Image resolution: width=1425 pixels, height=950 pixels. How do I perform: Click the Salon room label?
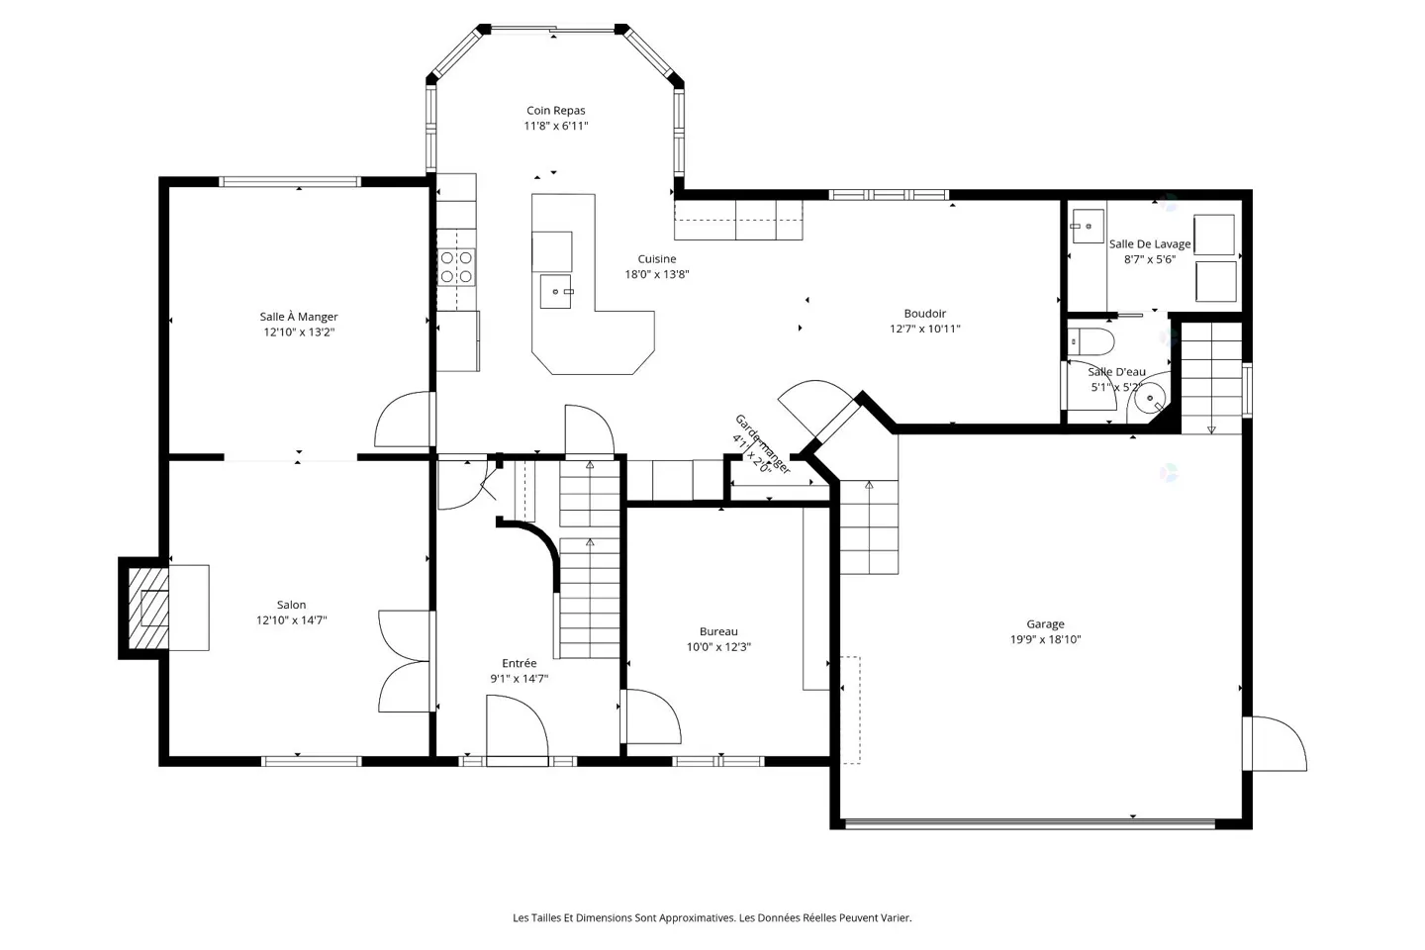coord(291,605)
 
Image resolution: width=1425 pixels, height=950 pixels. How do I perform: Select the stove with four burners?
coord(456,267)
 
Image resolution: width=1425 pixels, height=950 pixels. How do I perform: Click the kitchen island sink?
coord(555,292)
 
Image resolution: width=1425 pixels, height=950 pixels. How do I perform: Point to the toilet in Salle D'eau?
coord(1092,342)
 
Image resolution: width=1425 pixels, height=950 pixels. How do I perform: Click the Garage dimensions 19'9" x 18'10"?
coord(1045,639)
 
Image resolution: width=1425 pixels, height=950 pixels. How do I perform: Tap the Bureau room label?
coord(718,631)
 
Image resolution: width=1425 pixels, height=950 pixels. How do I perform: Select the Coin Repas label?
coord(555,111)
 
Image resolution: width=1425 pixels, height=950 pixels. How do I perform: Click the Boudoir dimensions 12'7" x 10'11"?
coord(924,329)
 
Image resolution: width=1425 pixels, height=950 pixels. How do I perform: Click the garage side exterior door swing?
coord(1279,744)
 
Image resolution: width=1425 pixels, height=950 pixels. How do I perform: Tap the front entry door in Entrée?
coord(517,729)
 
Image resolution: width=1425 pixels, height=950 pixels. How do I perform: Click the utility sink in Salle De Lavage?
coord(1088,227)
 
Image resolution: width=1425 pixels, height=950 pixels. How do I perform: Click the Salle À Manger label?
coord(299,317)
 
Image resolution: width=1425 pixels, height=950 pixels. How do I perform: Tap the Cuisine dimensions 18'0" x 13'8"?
coord(656,274)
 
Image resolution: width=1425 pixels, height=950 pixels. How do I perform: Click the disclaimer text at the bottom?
coord(712,917)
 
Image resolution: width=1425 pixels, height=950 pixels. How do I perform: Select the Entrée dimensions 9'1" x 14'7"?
coord(519,679)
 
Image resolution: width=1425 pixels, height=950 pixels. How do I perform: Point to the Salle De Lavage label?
coord(1150,243)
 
